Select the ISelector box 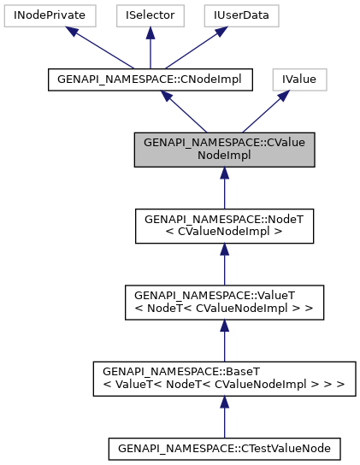pos(150,15)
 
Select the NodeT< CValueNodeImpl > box pos(224,225)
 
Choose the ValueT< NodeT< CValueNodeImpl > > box pos(224,302)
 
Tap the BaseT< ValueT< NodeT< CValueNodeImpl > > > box pos(224,378)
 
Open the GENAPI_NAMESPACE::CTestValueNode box pos(224,447)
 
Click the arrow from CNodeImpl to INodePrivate pos(97,47)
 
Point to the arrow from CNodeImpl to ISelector pos(150,47)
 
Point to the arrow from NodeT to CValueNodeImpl pos(224,188)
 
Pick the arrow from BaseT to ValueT pos(224,340)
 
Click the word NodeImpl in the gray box pos(224,156)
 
